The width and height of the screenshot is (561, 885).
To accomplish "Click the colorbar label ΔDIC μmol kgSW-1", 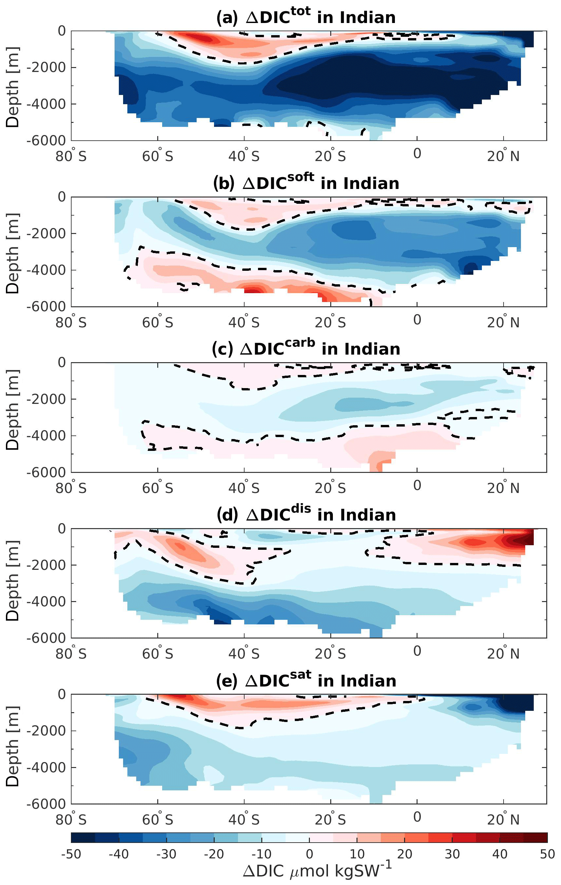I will (x=317, y=871).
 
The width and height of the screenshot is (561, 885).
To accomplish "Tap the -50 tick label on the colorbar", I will (x=71, y=854).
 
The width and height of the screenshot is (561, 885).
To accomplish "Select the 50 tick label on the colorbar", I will (x=547, y=854).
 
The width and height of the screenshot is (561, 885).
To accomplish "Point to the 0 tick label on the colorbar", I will (x=310, y=854).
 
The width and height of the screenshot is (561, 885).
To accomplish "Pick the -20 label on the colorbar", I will (x=214, y=854).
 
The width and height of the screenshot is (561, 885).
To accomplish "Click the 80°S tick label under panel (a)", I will (x=71, y=156).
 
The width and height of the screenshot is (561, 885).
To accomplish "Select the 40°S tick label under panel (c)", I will (x=244, y=488).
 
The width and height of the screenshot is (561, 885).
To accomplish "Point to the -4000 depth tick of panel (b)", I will (x=46, y=270).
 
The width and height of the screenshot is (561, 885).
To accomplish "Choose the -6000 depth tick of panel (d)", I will (x=46, y=638).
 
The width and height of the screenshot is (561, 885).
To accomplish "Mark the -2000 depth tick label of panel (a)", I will (x=46, y=67).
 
